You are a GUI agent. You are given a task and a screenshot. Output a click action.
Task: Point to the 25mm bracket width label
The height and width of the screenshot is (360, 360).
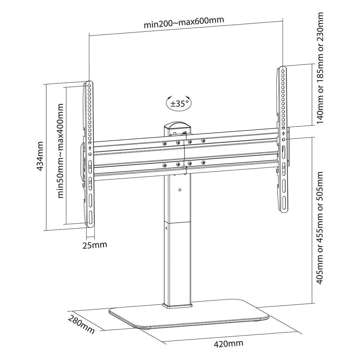point(95,244)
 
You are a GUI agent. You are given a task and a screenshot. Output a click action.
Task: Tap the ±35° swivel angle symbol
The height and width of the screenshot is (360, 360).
point(179,103)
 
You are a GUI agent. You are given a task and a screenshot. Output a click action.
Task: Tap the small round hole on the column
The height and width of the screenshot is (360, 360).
point(179,190)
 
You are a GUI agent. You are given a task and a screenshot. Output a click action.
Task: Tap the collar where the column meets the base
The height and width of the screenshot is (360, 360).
point(177,306)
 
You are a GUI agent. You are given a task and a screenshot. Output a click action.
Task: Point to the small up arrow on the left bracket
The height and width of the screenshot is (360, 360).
point(90,148)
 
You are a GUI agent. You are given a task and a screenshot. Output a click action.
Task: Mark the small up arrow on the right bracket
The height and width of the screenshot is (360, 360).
point(283,134)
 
